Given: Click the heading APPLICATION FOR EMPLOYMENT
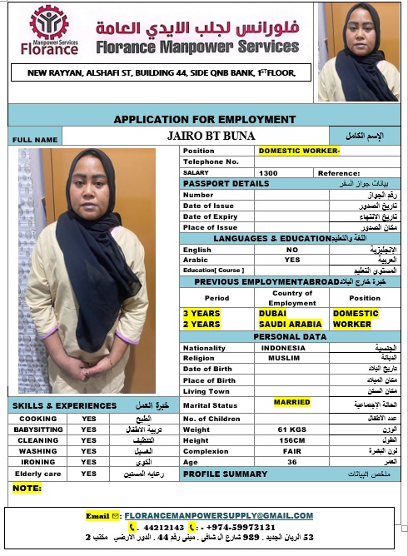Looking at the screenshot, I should [x=204, y=119].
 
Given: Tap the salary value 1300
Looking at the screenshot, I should [x=269, y=172].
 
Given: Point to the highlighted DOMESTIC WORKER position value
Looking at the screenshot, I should [x=299, y=151].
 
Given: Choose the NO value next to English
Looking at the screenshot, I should [x=292, y=250].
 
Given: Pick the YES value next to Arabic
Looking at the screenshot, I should [x=292, y=259].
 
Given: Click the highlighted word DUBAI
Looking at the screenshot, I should [x=273, y=314].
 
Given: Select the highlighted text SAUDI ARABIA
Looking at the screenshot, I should [x=290, y=324].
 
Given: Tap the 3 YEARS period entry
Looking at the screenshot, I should [x=202, y=314].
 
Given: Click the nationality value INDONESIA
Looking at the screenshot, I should [x=289, y=348].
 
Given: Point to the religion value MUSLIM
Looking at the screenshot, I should [x=285, y=358].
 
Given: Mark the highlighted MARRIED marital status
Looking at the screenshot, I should [x=292, y=402].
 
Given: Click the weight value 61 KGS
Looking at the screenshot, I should [x=292, y=429].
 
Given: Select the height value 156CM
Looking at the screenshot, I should [x=291, y=440].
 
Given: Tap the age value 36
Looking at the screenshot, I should [x=292, y=463].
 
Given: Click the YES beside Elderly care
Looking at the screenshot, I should [x=89, y=473].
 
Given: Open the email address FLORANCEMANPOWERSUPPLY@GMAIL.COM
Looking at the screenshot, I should [x=219, y=516].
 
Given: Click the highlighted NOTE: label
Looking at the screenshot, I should [x=27, y=488].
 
